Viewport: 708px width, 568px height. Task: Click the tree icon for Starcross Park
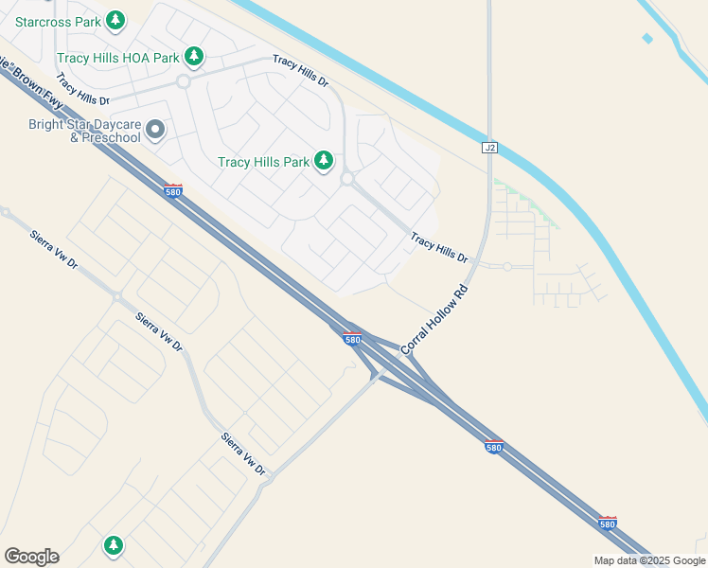(x=115, y=19)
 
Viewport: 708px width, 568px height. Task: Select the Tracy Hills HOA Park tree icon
(x=194, y=58)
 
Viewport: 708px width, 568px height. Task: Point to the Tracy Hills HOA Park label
(x=117, y=58)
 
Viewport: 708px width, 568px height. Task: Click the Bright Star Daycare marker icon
(x=156, y=130)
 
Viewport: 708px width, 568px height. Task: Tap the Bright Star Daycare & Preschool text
(x=84, y=131)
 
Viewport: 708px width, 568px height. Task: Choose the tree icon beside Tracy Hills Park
(x=325, y=161)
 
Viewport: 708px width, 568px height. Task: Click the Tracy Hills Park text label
(x=263, y=162)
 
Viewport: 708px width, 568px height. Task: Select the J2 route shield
(x=489, y=148)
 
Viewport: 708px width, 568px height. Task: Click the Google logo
(x=31, y=557)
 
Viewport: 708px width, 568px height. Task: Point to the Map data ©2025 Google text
(x=649, y=560)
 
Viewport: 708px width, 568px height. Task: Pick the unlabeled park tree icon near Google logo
(x=114, y=545)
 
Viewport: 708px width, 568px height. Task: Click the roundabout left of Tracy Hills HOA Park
(x=184, y=81)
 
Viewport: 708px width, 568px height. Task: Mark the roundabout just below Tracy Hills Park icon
(x=347, y=178)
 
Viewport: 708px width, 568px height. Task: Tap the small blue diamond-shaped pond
(x=647, y=39)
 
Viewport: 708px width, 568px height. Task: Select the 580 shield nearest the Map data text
(x=608, y=523)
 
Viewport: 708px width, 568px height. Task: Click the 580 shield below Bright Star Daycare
(x=172, y=190)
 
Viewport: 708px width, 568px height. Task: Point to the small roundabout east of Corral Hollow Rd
(x=507, y=267)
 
